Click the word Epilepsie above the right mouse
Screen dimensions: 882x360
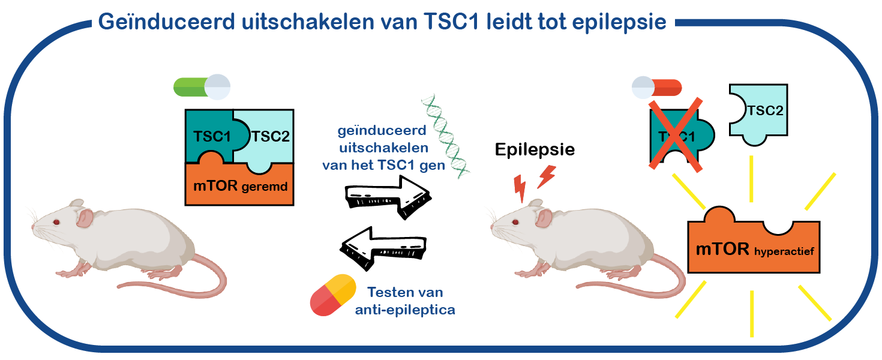click(535, 150)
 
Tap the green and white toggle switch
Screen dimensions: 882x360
click(202, 87)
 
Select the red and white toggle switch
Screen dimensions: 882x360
click(657, 88)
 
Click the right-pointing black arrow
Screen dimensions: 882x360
click(388, 197)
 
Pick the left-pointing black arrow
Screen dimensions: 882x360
click(383, 248)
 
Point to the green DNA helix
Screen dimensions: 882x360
click(446, 136)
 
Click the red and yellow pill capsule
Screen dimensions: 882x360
click(333, 295)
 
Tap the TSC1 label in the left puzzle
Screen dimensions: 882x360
click(212, 137)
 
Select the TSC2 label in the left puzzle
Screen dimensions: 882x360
click(271, 137)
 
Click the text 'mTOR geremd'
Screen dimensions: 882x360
click(240, 186)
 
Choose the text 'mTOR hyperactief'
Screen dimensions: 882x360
click(755, 250)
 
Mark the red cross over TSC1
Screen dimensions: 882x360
click(676, 135)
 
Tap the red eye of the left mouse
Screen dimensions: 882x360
click(56, 222)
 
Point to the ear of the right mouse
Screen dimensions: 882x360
click(544, 218)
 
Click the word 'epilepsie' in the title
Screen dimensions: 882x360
click(619, 22)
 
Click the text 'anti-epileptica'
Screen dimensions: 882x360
click(405, 310)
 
